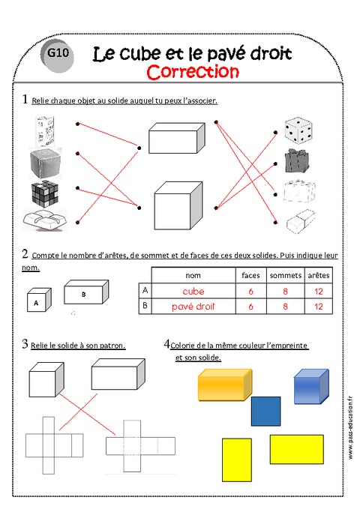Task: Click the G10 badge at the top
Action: coord(57,54)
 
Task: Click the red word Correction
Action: coord(193,72)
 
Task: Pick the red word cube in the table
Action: coord(193,291)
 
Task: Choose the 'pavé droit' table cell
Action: coord(193,307)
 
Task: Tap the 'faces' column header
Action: coord(250,275)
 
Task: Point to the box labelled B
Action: coord(85,295)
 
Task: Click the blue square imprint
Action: coord(265,412)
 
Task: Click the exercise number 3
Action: coord(25,344)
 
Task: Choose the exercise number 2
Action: coord(25,253)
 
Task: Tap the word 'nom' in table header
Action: coord(193,275)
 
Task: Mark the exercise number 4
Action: coord(166,344)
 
